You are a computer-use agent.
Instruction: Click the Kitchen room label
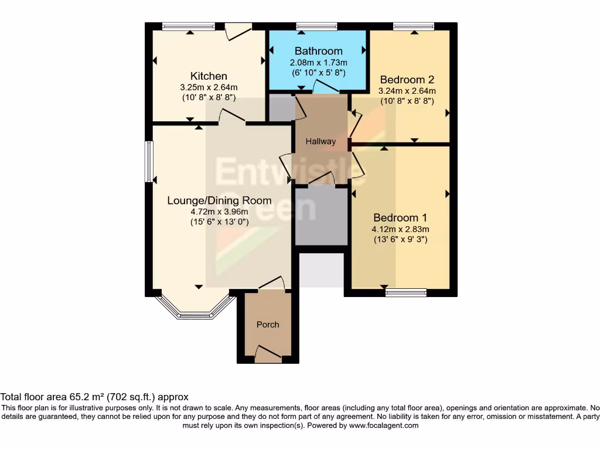[209, 76]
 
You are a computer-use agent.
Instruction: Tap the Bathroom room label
[318, 51]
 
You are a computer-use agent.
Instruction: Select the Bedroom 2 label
[407, 80]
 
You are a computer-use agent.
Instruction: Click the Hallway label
[321, 141]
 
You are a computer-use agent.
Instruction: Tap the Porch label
[268, 324]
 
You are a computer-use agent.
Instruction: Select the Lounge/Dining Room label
[211, 200]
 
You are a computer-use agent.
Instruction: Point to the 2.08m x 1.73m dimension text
[318, 63]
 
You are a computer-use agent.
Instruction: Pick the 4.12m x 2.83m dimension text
[400, 229]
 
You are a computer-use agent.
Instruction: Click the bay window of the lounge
[193, 310]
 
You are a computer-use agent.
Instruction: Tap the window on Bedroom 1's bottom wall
[405, 292]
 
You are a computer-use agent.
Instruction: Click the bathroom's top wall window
[316, 26]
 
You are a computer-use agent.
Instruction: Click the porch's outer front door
[268, 354]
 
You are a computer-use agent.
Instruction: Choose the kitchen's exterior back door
[238, 30]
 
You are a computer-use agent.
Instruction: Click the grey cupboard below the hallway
[321, 216]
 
